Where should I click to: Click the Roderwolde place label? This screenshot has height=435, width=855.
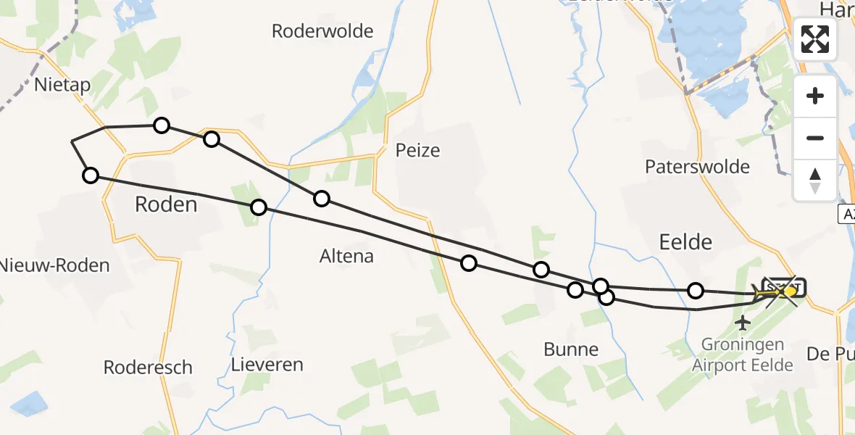(x=322, y=31)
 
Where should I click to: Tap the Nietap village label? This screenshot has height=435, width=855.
(x=63, y=86)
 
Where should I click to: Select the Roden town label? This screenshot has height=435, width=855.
(x=166, y=204)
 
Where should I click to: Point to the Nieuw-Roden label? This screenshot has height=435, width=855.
(x=54, y=265)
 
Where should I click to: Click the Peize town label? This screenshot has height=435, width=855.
(x=417, y=150)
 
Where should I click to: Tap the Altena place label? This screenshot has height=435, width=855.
(x=346, y=256)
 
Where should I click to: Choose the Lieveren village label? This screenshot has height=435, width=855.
(x=267, y=364)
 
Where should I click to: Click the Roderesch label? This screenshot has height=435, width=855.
(x=148, y=368)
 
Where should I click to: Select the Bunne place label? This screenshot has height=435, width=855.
(x=571, y=349)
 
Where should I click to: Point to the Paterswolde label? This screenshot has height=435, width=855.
(x=697, y=167)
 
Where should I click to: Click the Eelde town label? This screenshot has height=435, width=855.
(x=685, y=241)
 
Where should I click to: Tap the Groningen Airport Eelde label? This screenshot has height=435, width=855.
(x=743, y=355)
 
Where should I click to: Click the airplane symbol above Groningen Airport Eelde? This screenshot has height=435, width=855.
(x=743, y=321)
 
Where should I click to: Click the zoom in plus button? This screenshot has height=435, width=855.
(x=815, y=96)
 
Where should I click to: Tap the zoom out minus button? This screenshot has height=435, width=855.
(x=815, y=138)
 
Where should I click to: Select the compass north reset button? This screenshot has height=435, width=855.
(x=815, y=180)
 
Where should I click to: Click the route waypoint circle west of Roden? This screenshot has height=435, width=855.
(x=90, y=175)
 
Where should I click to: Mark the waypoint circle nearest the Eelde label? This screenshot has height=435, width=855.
(x=696, y=291)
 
